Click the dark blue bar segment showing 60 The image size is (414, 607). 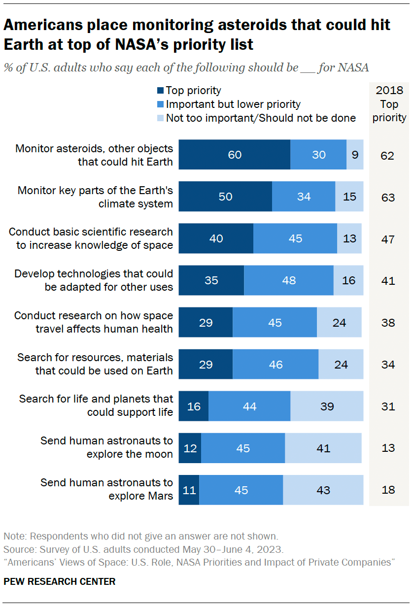point(235,155)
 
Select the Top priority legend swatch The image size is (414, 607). point(160,91)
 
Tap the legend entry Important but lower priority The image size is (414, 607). point(233,104)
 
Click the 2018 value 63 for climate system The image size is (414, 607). point(388,197)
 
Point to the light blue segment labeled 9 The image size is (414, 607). point(355,155)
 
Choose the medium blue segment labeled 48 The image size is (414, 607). point(289,280)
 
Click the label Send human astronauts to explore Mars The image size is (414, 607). point(107,489)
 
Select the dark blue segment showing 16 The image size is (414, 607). point(193,406)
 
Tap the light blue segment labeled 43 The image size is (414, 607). point(323,490)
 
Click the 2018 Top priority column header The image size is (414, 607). point(389,104)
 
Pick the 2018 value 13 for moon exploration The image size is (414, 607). point(388,448)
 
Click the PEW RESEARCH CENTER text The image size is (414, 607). point(60,581)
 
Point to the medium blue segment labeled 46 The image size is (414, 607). point(276,365)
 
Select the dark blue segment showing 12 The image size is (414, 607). point(190,448)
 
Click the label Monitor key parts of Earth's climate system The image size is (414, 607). point(95,197)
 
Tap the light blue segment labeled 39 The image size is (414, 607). point(327,406)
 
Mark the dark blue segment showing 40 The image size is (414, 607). point(216,238)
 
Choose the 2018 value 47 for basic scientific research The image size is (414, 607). point(388,238)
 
